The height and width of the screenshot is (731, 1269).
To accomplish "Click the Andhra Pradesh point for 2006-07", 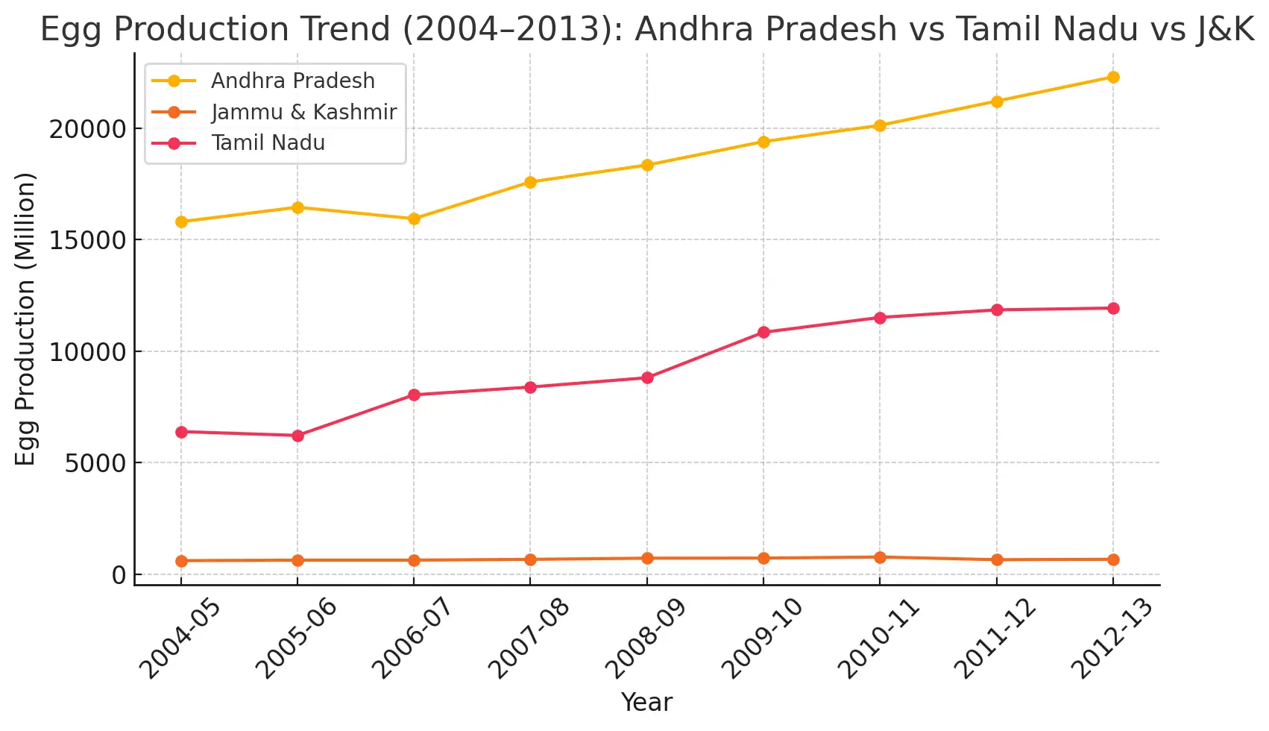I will pos(414,219).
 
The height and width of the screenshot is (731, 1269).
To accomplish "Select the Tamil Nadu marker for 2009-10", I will pos(763,332).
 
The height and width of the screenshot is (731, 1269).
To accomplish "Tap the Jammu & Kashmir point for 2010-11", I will pos(880,557).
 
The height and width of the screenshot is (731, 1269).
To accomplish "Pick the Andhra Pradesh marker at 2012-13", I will pos(1113,77).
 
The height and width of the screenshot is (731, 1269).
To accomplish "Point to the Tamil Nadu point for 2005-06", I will pos(297,436).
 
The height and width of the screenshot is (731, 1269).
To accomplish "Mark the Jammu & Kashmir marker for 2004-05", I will pos(181,561).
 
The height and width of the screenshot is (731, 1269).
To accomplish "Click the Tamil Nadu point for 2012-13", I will pos(1113,308).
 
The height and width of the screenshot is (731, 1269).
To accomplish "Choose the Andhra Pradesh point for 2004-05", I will pos(181,222).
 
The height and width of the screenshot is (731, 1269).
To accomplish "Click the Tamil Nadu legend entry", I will pos(268,142).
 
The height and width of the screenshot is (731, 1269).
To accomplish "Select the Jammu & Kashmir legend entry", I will pos(303,112).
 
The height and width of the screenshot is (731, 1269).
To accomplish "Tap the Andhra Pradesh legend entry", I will pos(292,81).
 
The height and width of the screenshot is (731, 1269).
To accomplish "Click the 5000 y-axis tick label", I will pos(95,463).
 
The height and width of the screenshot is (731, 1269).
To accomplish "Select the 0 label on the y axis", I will pos(119,575).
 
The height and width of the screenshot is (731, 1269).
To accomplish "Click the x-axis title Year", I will pos(646,702).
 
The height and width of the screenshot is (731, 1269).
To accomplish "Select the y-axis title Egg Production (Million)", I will pos(25,319).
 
